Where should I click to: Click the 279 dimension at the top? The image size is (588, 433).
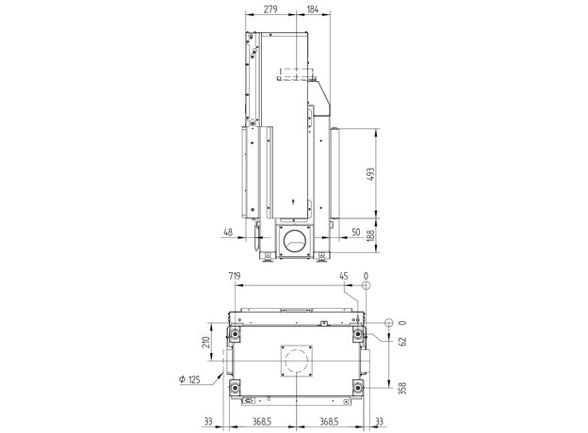(270, 9)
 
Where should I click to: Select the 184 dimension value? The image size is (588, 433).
(313, 9)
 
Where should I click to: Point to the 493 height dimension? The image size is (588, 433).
(370, 174)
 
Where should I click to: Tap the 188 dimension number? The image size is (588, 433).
(370, 235)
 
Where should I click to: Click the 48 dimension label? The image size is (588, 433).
(228, 233)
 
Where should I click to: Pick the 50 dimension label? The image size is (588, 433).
(356, 233)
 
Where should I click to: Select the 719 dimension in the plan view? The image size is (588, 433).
(234, 277)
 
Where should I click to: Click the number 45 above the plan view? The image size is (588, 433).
(344, 277)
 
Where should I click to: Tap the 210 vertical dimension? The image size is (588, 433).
(205, 342)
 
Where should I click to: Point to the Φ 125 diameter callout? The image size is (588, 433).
(189, 379)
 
